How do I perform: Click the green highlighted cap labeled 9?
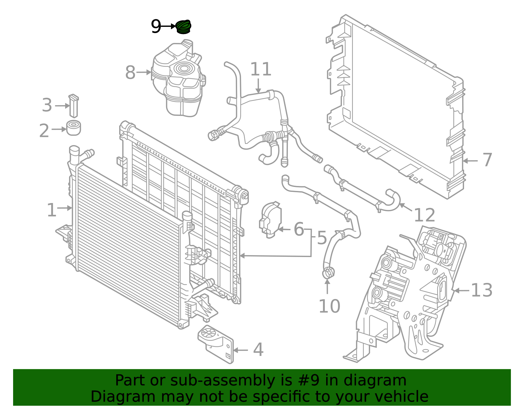(x=183, y=27)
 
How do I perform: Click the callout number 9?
(x=156, y=27)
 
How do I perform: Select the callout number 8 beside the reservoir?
(x=130, y=73)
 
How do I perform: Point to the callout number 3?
(x=47, y=105)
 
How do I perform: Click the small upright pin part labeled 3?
(x=73, y=106)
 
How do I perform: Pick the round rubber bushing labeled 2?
(x=74, y=128)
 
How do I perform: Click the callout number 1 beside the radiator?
(x=52, y=210)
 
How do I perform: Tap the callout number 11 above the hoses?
(x=261, y=69)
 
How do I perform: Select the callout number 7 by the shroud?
(x=487, y=160)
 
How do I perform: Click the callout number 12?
(x=424, y=215)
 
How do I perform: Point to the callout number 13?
(x=481, y=290)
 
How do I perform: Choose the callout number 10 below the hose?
(x=329, y=306)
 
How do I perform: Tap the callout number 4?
(x=258, y=350)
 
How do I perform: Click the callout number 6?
(x=299, y=229)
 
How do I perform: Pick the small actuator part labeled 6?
(x=271, y=219)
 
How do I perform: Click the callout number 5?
(x=322, y=238)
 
